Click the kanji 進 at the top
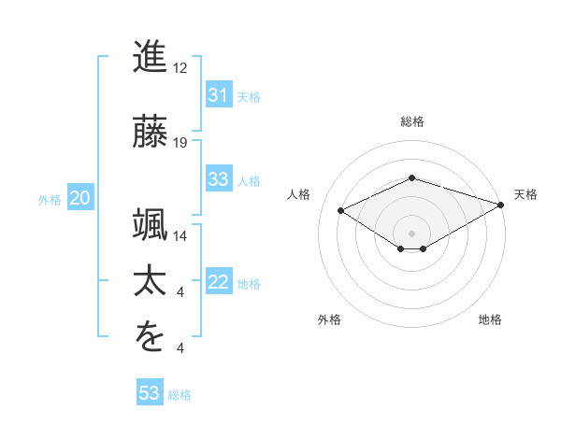151,57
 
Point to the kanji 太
151,279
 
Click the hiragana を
151,337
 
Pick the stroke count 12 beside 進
181,69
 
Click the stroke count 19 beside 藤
181,142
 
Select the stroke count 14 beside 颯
181,235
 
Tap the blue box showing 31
218,95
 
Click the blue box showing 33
218,179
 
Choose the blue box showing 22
218,283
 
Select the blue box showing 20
79,198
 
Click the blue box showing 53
150,393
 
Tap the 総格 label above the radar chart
412,121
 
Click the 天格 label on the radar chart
525,194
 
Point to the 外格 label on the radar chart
328,319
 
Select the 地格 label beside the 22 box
249,284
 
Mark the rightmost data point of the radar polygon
502,205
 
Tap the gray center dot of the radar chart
412,233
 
